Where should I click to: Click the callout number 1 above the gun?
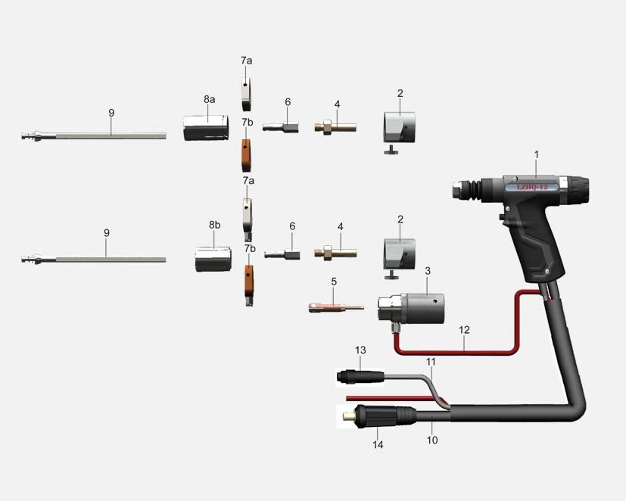point(537,154)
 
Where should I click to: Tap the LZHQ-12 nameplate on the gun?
point(532,187)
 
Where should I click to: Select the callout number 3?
point(428,271)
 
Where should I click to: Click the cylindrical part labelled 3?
point(411,309)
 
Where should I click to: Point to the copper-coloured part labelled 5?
point(336,308)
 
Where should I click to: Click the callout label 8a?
point(209,99)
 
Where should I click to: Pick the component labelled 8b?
point(213,259)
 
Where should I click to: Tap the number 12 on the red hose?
point(464,330)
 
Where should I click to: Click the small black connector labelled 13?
point(360,377)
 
